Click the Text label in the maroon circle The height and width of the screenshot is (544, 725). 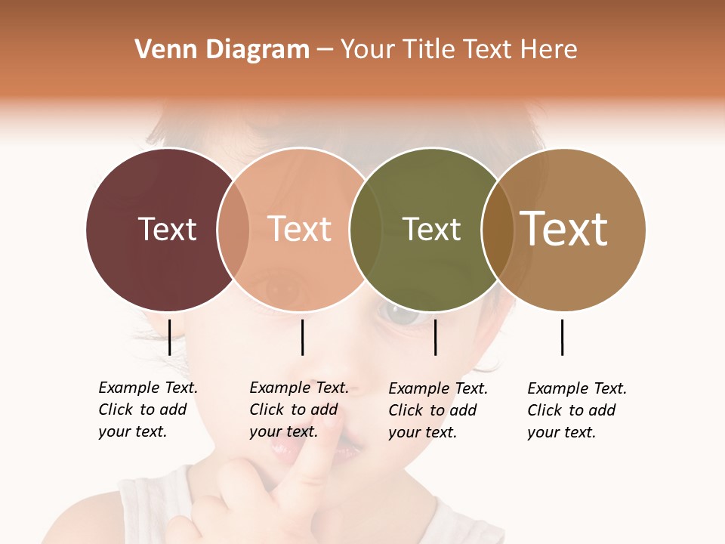coord(168,229)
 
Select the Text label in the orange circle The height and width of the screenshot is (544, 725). coord(300,229)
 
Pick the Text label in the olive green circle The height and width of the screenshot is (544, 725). coord(431,229)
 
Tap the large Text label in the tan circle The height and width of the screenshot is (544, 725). coord(564,229)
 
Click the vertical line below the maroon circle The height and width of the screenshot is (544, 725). coord(169,337)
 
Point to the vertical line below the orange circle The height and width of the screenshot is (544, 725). coord(302,337)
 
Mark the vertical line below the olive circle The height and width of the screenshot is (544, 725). coord(435,337)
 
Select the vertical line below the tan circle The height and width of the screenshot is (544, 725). coord(562,337)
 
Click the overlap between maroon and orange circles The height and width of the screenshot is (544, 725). coord(233,229)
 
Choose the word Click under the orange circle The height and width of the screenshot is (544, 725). coord(267,410)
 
